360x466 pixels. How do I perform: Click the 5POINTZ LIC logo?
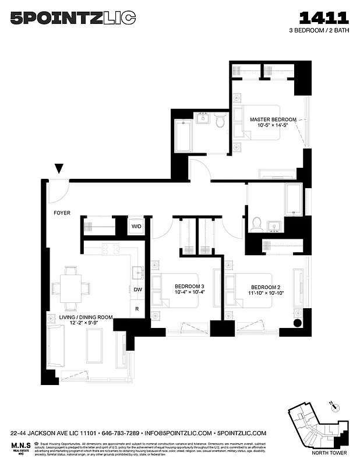click(73, 19)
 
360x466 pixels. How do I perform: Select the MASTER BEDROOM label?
click(273, 119)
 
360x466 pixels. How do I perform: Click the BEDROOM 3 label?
click(189, 287)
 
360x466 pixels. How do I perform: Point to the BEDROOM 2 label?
click(266, 287)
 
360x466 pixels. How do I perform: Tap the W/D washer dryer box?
click(136, 226)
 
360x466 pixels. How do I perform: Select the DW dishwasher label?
click(138, 290)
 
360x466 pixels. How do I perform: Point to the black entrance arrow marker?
click(59, 169)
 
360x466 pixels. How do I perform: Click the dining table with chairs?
click(71, 288)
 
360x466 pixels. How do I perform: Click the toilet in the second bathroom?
click(256, 223)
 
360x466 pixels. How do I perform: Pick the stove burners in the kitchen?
click(111, 249)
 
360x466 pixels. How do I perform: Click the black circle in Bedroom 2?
click(297, 323)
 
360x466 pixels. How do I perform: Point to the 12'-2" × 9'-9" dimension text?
click(77, 322)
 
